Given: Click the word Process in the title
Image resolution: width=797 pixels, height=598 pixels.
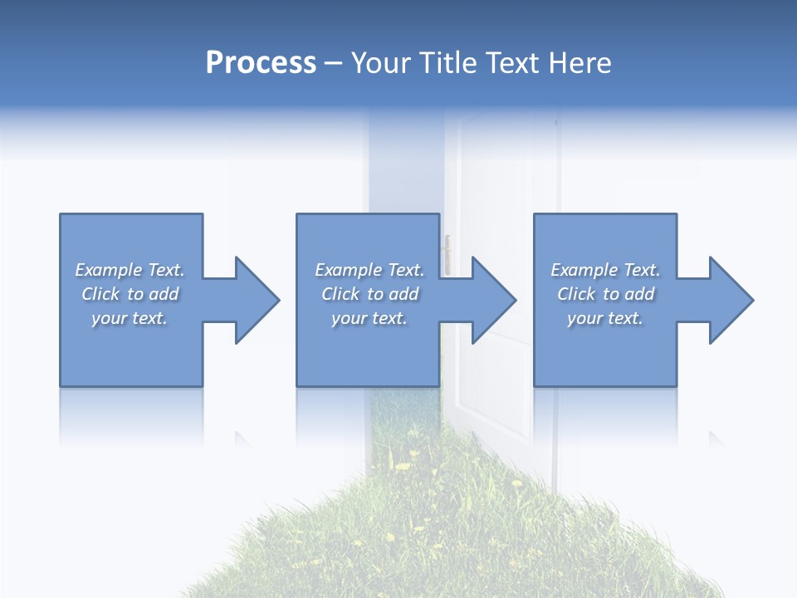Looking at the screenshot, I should [261, 63].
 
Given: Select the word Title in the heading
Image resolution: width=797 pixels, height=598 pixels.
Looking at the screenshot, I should [449, 63].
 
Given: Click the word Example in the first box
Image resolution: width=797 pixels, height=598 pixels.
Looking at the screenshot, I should [109, 270].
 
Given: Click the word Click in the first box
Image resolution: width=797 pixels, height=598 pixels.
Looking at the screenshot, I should [100, 294].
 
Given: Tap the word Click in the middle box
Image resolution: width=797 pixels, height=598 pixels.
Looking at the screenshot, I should [340, 294].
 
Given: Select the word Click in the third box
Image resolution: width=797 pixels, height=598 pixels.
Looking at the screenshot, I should [576, 294].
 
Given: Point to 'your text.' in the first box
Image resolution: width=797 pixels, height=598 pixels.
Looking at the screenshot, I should [130, 318].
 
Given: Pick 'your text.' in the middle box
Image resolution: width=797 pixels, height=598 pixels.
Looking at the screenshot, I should [369, 318].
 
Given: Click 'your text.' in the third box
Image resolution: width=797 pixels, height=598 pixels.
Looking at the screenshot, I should [604, 318].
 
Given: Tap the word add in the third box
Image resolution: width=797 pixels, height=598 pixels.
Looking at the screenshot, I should [639, 294].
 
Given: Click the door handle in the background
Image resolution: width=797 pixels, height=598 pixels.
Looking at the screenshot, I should [447, 253].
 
